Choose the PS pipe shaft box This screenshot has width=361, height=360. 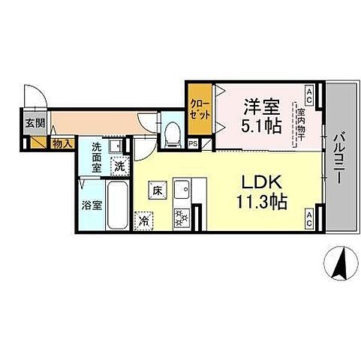pos(193,144)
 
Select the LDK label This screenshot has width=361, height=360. pos(260,183)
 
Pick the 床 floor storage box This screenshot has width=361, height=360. pos(157,190)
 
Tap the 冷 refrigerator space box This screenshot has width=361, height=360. pos(143,220)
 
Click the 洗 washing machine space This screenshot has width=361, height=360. pos(119,166)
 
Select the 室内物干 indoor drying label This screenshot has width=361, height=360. pos(299,122)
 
